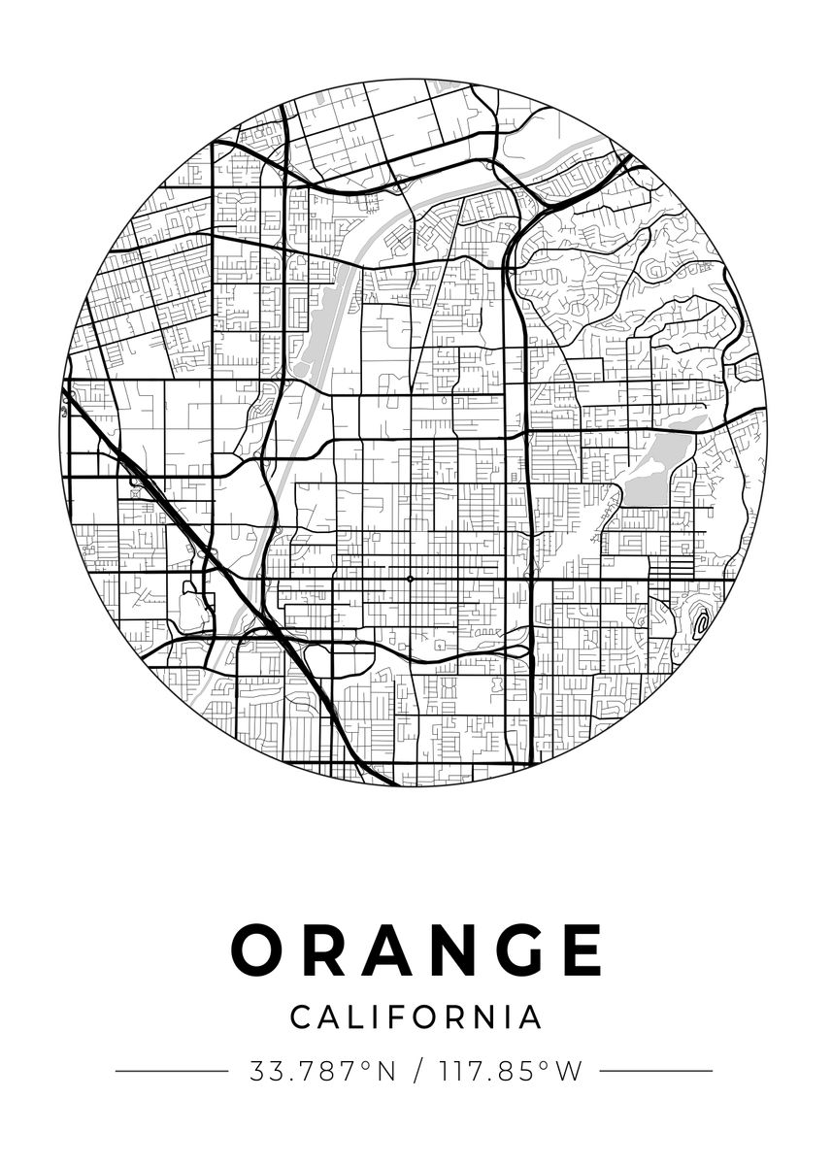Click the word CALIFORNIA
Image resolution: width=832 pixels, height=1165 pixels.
(x=416, y=1016)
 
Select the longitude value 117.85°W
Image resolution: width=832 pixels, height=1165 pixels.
(x=510, y=1072)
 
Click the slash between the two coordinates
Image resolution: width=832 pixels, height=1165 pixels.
(x=417, y=1072)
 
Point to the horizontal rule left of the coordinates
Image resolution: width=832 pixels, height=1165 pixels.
(x=171, y=1072)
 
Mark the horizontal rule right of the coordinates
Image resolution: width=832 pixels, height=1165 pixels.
(x=656, y=1072)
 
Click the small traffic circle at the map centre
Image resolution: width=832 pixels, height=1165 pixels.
(x=411, y=579)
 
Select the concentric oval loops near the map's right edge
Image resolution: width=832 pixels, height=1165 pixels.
(x=699, y=618)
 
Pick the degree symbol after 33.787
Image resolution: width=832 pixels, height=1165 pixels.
(x=366, y=1066)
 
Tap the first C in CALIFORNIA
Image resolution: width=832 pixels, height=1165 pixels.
(x=301, y=1016)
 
